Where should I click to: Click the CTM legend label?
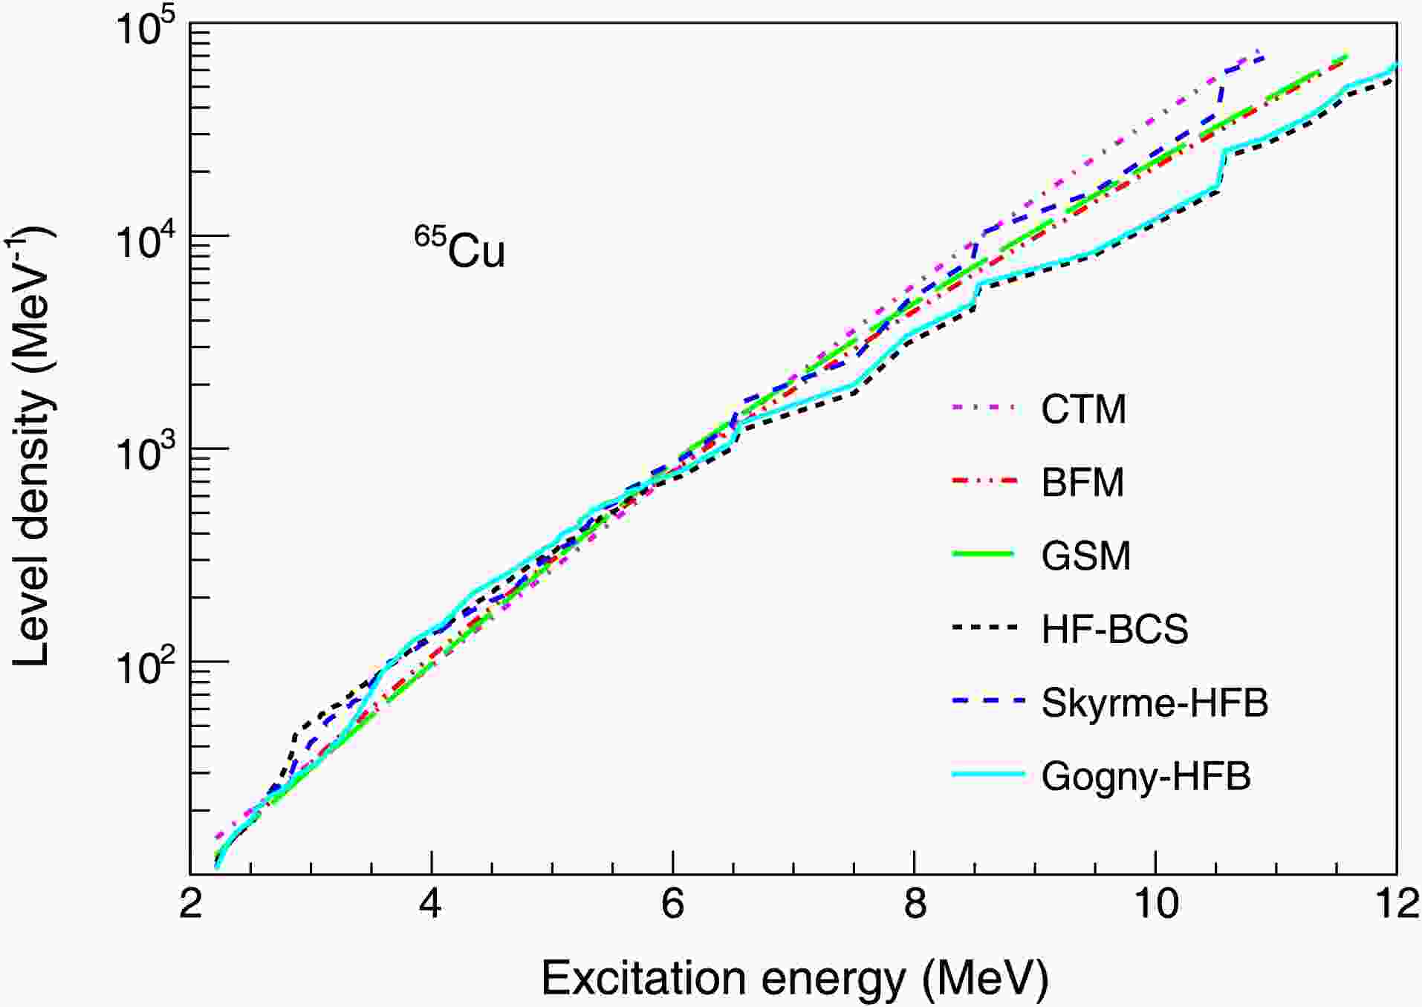point(1083,409)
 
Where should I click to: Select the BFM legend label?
point(1082,483)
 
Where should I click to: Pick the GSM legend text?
point(1085,555)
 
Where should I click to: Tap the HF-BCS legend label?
point(1114,629)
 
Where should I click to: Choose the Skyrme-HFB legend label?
point(1155,703)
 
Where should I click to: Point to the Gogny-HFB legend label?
point(1146,776)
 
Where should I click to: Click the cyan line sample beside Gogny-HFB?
point(988,775)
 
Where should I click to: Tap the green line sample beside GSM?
point(983,554)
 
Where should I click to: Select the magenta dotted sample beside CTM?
point(983,407)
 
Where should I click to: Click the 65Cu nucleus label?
point(460,248)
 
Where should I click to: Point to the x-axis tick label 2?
point(191,905)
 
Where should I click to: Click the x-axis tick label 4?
point(431,905)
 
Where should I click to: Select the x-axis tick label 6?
point(672,905)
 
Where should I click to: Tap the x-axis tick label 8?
point(914,905)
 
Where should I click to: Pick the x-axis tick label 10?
point(1155,905)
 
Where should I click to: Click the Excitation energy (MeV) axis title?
point(794,978)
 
